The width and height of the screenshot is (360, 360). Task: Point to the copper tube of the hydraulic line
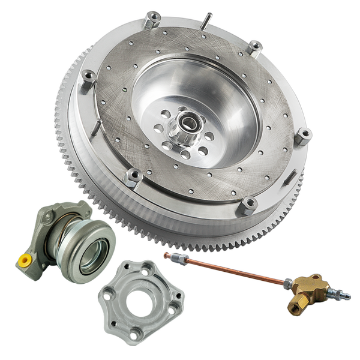coord(234,270)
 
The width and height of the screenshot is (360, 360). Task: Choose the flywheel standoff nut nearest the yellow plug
coord(133,176)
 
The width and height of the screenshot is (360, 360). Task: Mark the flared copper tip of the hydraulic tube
coord(167,255)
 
